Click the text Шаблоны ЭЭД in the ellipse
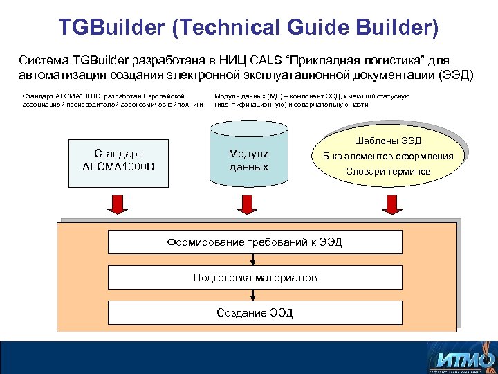[388, 141]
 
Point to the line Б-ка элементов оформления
[388, 156]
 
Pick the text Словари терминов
[388, 171]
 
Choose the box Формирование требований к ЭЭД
[255, 242]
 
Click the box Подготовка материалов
[255, 278]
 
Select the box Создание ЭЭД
[255, 313]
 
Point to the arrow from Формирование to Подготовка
[255, 260]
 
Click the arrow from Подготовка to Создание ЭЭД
[255, 295]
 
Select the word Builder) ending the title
[400, 27]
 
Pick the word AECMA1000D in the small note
[82, 96]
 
